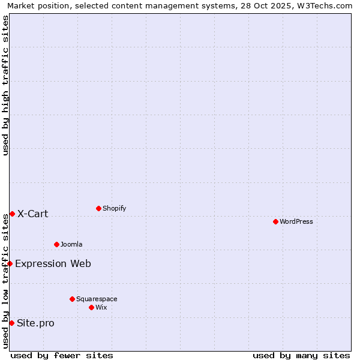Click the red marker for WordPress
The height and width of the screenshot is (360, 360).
point(275,221)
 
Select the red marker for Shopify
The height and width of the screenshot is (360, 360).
point(98,208)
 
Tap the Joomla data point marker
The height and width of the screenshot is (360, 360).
point(56,244)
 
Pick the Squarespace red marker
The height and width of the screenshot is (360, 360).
point(72,299)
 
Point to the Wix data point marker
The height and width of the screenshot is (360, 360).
point(91,307)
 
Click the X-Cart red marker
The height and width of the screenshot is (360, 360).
point(12,214)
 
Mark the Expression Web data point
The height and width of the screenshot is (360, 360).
point(10,263)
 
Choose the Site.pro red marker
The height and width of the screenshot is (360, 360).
point(11,323)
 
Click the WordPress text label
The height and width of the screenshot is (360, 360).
point(296,221)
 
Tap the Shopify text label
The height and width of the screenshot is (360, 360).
point(115,208)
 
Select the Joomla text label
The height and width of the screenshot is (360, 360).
point(71,244)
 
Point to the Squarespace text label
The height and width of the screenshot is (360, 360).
point(97,299)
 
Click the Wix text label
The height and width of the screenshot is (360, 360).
point(101,307)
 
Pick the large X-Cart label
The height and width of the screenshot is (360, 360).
point(33,214)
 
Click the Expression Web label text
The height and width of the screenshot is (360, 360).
point(53,263)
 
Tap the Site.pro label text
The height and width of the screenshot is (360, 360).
point(35,323)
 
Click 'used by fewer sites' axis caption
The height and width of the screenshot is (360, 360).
point(62,355)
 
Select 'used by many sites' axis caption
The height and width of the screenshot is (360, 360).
point(301,355)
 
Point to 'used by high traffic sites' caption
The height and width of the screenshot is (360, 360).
point(5,85)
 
